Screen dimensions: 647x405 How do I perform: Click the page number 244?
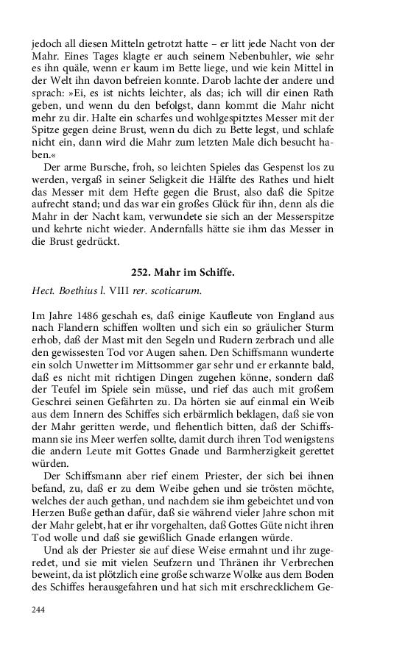click(x=40, y=610)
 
